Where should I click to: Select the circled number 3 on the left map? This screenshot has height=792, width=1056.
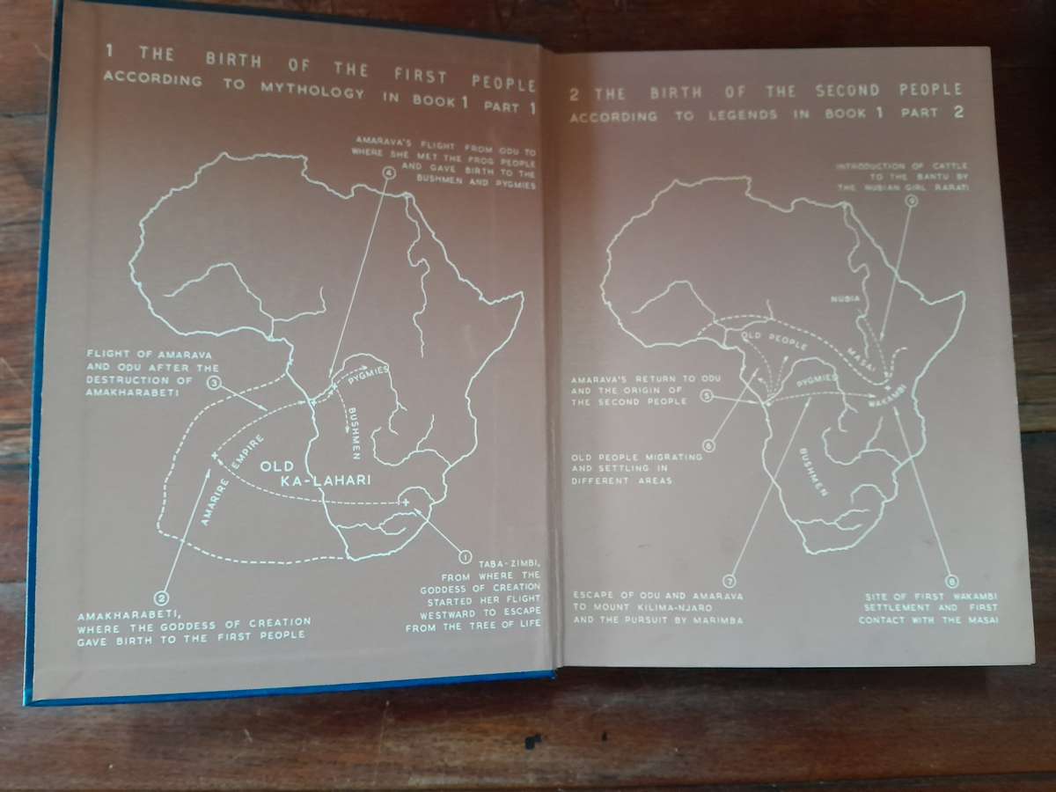(214, 382)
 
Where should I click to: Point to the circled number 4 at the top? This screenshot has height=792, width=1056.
(388, 172)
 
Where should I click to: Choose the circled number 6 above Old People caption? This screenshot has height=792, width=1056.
(709, 445)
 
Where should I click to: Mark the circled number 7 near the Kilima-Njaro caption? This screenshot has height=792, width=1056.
(729, 580)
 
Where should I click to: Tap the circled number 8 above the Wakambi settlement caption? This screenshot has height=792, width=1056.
(950, 581)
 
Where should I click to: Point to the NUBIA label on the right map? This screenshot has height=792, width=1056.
(843, 299)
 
